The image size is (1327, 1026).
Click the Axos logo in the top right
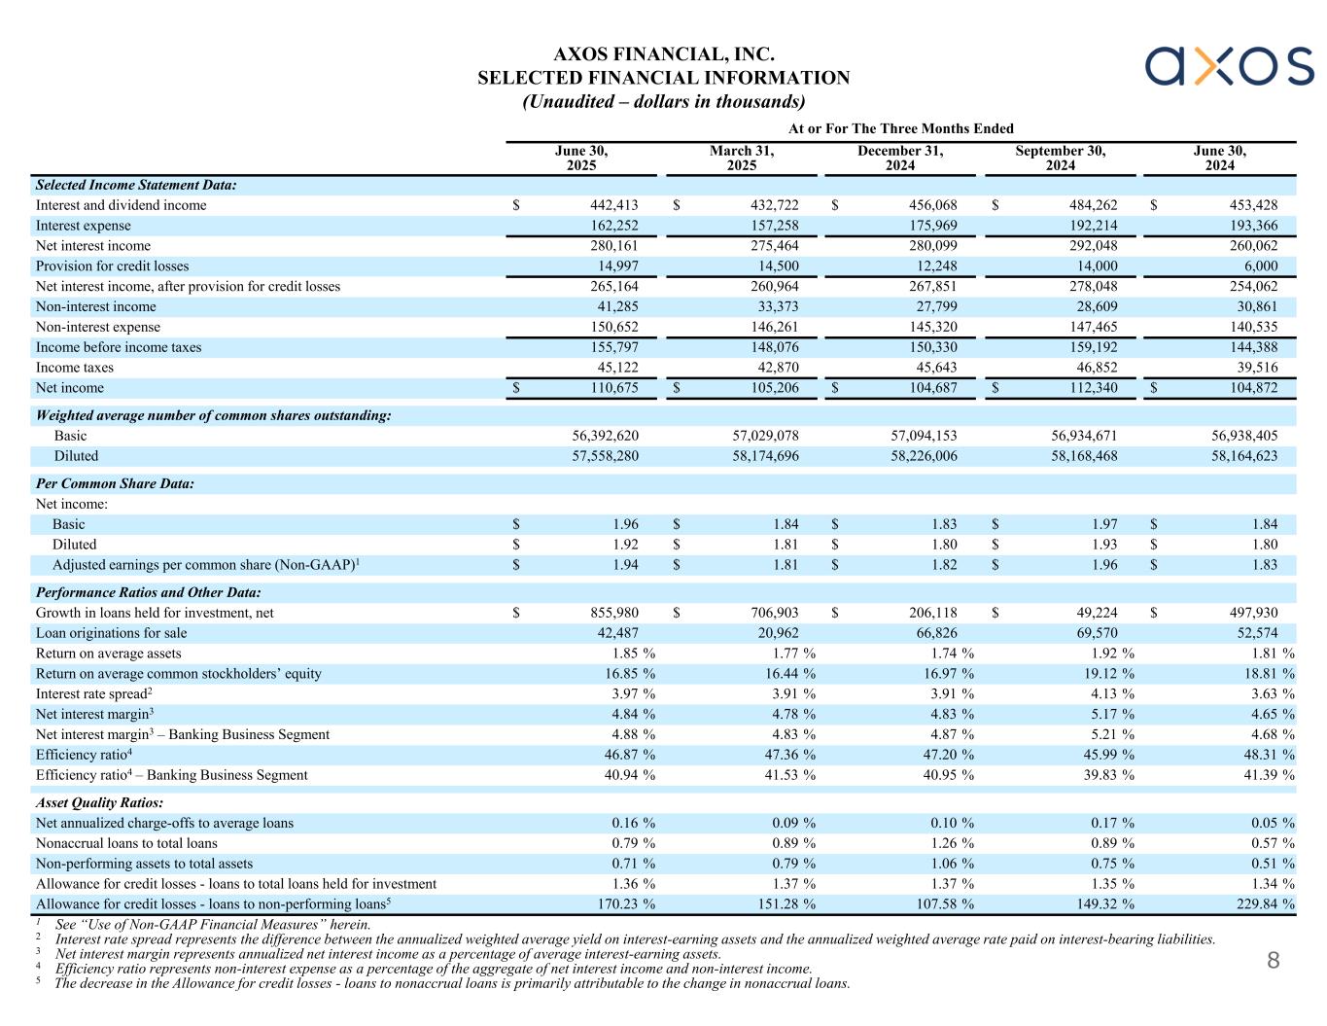pyautogui.click(x=1229, y=65)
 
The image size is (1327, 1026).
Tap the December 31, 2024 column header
pyautogui.click(x=900, y=159)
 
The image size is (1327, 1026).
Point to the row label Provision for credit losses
pyautogui.click(x=113, y=266)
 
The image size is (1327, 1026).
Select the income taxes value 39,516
pyautogui.click(x=1253, y=368)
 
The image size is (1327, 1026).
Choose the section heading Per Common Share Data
pyautogui.click(x=115, y=483)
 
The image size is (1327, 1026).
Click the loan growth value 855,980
pyautogui.click(x=612, y=613)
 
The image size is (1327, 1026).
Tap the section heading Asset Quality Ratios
pyautogui.click(x=99, y=803)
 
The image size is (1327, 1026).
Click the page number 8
pyautogui.click(x=1273, y=962)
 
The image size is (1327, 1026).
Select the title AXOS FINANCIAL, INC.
pyautogui.click(x=664, y=54)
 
